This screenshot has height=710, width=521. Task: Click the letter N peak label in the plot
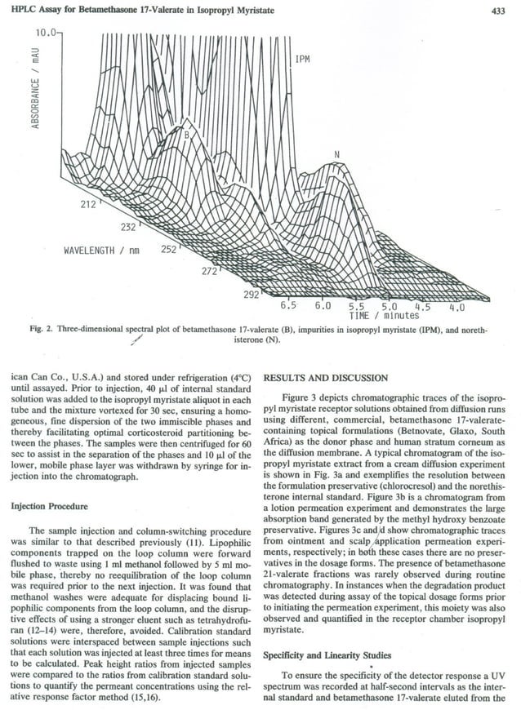coord(336,153)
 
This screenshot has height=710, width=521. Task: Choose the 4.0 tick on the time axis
coord(456,308)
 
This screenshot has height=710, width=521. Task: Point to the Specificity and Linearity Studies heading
coord(332,655)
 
